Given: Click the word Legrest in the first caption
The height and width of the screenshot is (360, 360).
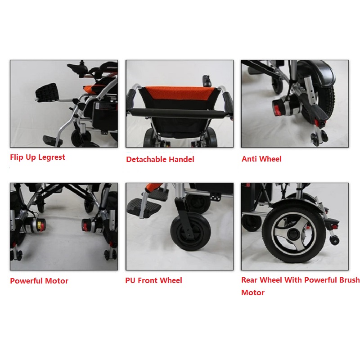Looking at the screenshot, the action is [52, 157].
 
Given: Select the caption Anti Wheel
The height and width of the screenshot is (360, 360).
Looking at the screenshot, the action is [261, 159].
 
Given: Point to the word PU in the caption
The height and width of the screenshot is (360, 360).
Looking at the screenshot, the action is [130, 280].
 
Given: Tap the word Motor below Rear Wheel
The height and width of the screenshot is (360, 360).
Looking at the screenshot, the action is [253, 292].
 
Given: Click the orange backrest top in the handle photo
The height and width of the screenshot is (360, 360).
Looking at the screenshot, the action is [180, 94].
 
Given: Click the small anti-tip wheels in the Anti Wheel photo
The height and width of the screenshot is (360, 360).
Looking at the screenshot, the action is [319, 137].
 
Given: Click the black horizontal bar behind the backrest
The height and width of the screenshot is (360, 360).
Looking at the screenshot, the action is [176, 113].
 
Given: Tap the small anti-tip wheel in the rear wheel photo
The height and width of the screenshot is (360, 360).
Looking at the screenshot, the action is [334, 240].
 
